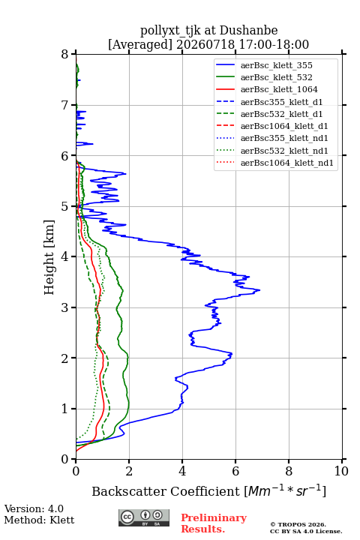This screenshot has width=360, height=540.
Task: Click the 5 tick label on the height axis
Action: [65, 207]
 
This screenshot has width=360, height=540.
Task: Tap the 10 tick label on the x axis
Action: [341, 471]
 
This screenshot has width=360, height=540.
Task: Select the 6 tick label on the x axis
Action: [235, 471]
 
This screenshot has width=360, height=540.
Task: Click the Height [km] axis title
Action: [49, 257]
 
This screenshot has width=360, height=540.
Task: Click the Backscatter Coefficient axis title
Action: [208, 490]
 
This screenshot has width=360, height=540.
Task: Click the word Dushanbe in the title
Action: [248, 31]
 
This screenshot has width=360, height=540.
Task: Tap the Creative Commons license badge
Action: [144, 517]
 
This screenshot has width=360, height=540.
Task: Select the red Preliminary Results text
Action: [214, 523]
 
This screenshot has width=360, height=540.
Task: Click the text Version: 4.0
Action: [34, 508]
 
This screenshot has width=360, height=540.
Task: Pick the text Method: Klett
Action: [39, 520]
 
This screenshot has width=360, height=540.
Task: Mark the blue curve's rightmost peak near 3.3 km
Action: [259, 290]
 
